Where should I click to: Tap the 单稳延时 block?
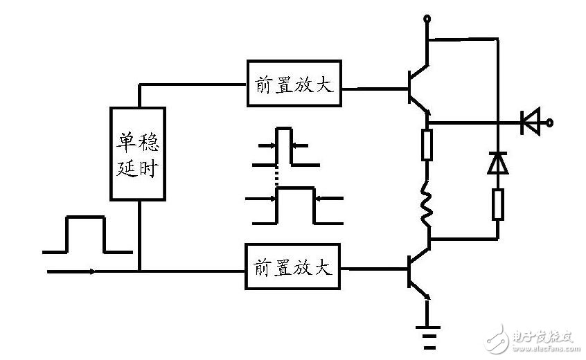point(139,154)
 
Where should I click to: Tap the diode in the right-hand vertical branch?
point(497,162)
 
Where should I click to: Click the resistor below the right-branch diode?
point(497,204)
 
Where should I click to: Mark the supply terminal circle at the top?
point(429,19)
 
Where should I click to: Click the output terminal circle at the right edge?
point(551,124)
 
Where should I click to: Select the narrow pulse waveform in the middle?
point(283,147)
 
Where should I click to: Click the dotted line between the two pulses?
point(276,179)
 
